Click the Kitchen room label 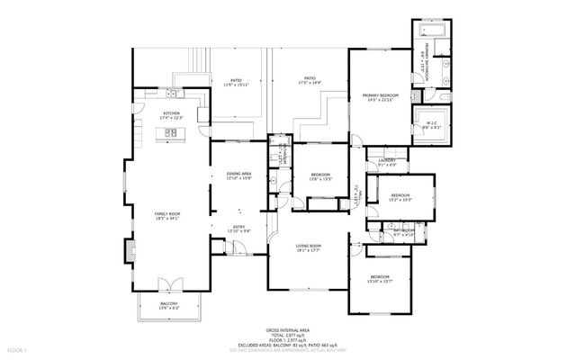pos(171,114)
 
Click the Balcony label pos(169,304)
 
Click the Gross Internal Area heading pos(288,331)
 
